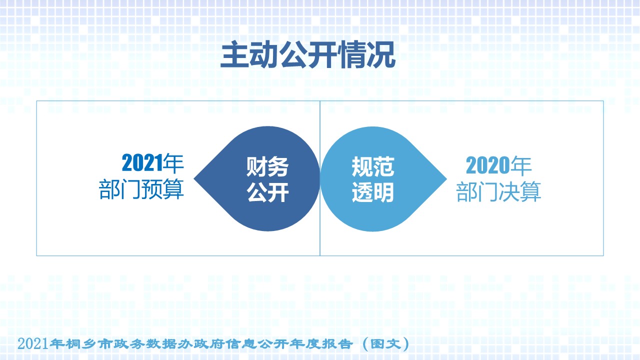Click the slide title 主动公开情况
pos(307,54)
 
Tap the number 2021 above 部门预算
pos(142,163)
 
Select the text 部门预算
pos(141,189)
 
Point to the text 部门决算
pos(498,191)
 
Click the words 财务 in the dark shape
pos(267,167)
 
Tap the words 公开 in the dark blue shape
pos(267,192)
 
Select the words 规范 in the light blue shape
pos(373,167)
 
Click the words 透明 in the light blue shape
pos(373,192)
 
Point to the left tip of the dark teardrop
pos(194,179)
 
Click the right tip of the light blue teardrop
pos(446,179)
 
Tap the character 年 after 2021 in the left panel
pos(173,163)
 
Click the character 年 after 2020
pos(521,165)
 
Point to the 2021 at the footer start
pos(32,343)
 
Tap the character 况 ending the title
pos(381,54)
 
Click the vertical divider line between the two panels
pos(320,178)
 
